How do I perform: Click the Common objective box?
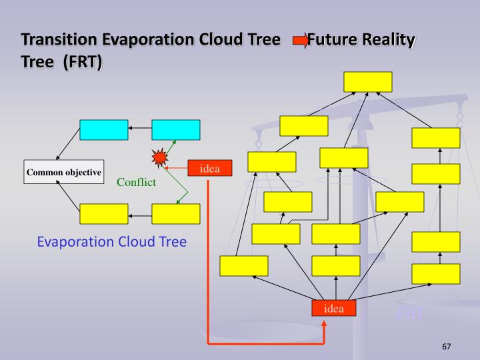pos(64,172)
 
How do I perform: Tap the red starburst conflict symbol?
pos(159,159)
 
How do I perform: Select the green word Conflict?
pos(136,182)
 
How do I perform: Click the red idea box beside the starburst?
pos(210,169)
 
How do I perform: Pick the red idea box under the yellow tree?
pos(334,308)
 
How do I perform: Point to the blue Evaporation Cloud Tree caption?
pos(111,241)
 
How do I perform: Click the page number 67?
pos(447,347)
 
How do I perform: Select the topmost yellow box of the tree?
pos(368,81)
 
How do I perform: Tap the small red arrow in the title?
pos(301,41)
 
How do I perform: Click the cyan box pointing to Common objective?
pos(103,129)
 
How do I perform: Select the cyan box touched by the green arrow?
pos(175,129)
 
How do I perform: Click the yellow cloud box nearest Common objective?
pos(103,214)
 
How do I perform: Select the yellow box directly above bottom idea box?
pos(335,265)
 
